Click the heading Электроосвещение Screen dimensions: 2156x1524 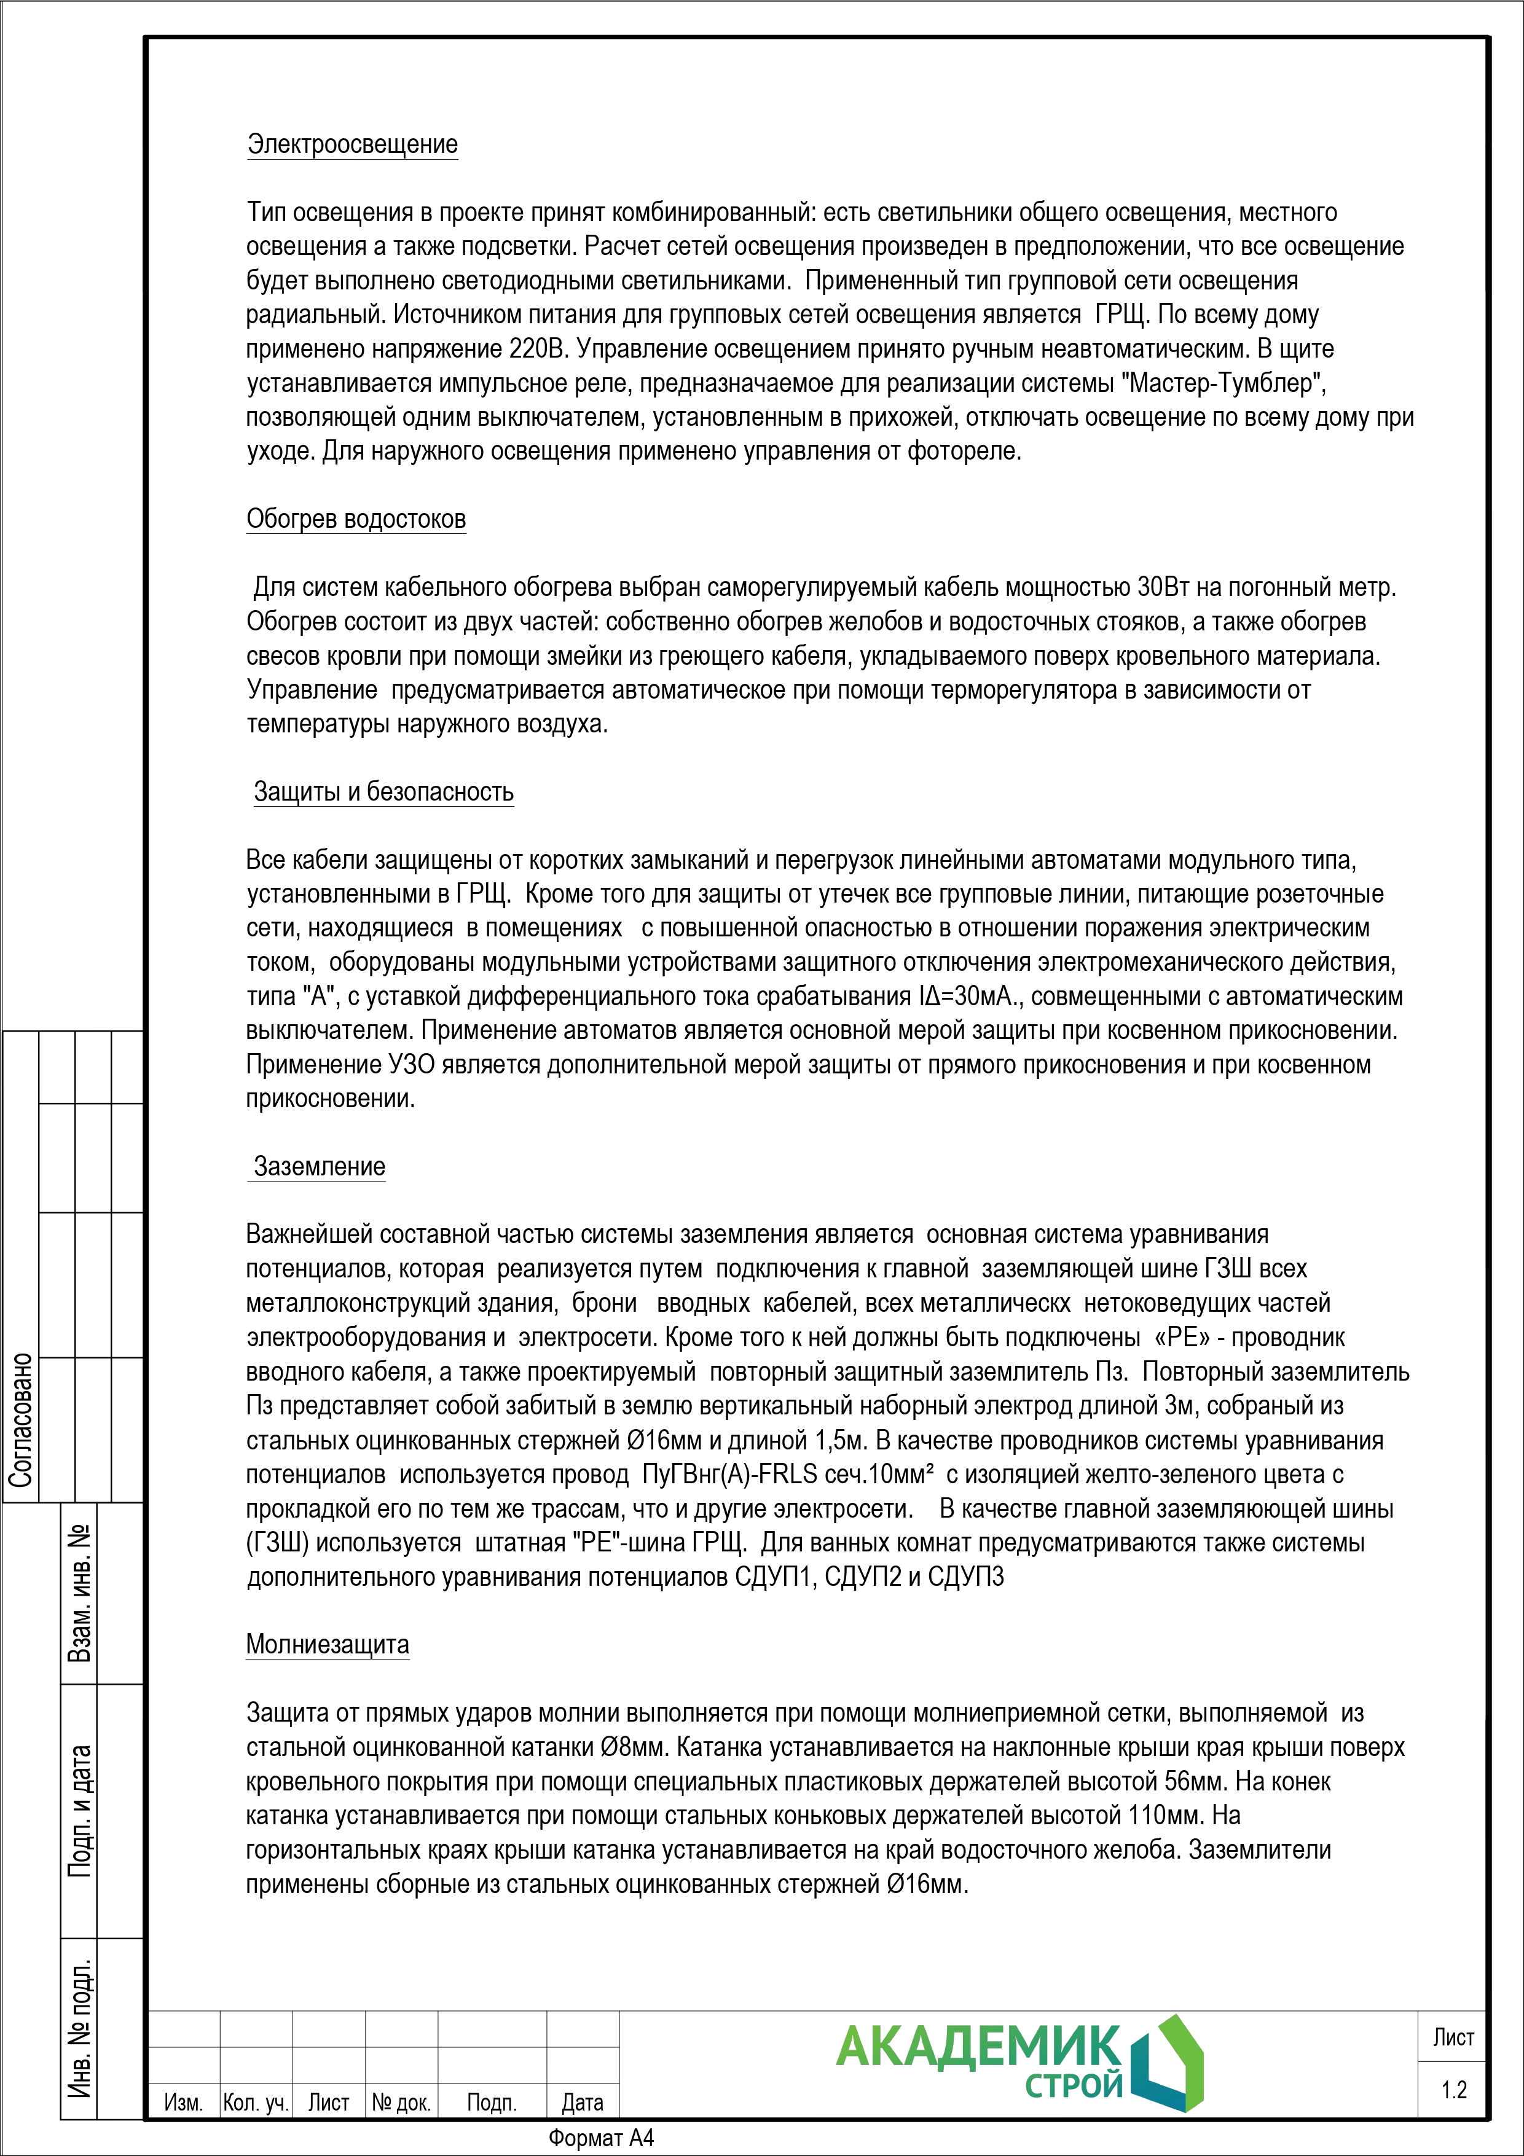coord(352,144)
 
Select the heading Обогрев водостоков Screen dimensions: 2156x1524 coord(356,519)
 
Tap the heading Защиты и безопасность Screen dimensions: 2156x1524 coord(383,791)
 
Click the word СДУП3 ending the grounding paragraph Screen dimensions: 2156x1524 coord(966,1577)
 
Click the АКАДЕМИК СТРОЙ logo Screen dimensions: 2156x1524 coord(1019,2063)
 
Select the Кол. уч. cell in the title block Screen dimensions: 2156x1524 coord(256,2103)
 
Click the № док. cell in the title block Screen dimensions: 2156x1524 coord(401,2103)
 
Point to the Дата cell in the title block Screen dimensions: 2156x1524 coord(582,2103)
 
